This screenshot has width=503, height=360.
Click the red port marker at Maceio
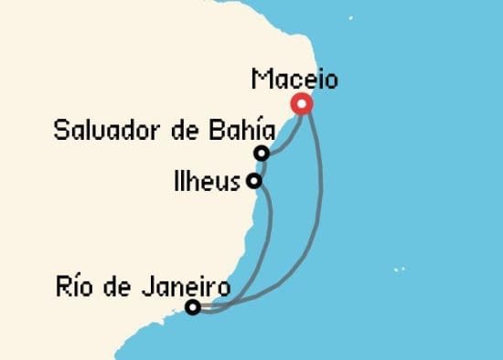pos(302,104)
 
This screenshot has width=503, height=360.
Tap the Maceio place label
pos(294,80)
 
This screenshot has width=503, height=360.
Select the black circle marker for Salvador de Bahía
pos(262,154)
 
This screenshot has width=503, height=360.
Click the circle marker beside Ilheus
pos(253,181)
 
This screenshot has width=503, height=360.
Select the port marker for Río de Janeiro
pos(192,307)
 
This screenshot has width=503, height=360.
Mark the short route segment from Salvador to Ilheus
pos(258,167)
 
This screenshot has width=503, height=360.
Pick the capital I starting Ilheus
pos(177,179)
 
